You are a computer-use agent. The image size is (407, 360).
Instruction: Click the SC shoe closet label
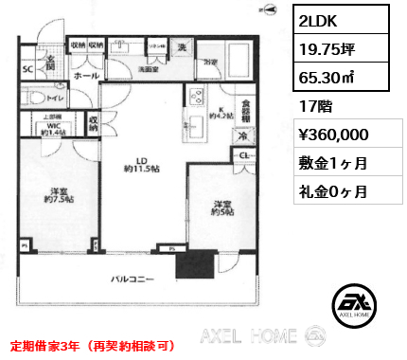tap(29, 69)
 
